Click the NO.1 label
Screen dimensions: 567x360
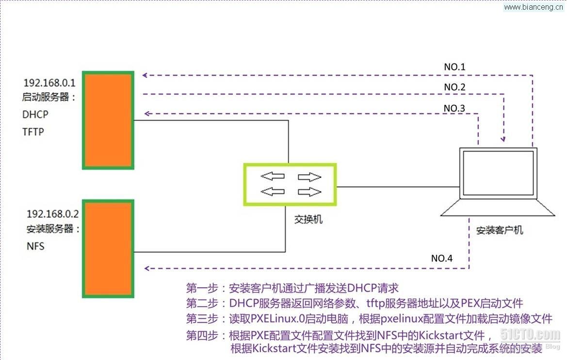coord(454,67)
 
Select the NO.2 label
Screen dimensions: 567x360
coord(454,87)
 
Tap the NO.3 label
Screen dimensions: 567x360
coord(454,108)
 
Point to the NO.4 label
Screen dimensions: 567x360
coord(441,258)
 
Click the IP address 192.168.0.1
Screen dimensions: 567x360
coord(49,83)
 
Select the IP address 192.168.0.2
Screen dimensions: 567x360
coord(53,214)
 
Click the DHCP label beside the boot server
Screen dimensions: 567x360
coord(35,115)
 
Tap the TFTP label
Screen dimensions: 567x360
coord(33,131)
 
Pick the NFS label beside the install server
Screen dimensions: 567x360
coord(35,246)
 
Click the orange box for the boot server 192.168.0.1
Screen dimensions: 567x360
coord(108,120)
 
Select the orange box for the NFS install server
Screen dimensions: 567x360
coord(108,248)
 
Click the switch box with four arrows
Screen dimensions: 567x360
coord(290,184)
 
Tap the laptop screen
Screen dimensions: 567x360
coord(498,173)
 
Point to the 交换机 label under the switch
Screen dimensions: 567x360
coord(308,219)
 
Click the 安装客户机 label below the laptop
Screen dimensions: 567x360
coord(500,230)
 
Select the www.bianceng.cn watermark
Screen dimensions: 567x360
coord(533,7)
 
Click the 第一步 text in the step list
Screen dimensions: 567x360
coord(202,288)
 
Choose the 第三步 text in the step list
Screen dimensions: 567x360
coord(202,319)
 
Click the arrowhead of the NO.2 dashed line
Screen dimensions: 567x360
coord(503,139)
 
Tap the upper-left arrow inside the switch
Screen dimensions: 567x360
coord(273,176)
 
